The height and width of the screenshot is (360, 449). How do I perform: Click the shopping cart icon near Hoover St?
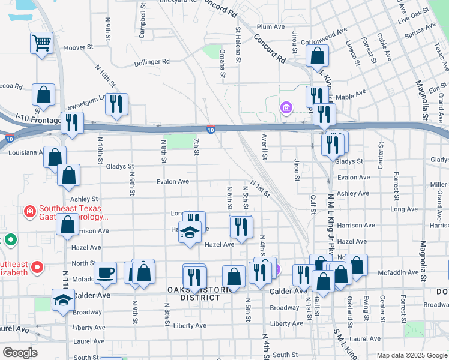pos(42,43)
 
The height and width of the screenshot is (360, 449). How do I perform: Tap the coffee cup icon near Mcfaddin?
pos(106,272)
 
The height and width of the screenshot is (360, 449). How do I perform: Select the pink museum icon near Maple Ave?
pos(286,108)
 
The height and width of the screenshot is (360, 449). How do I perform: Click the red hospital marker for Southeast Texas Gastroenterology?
pos(29,212)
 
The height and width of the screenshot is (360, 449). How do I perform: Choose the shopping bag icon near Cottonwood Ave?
pos(317,56)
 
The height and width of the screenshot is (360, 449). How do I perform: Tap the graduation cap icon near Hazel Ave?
pos(190,232)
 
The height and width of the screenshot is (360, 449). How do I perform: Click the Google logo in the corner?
pos(20,353)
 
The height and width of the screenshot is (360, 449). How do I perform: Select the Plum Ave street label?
pos(270,27)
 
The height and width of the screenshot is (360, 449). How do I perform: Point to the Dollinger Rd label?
pos(152,61)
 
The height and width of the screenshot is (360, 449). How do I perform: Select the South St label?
pos(285,355)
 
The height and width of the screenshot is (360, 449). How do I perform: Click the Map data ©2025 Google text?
pos(411,355)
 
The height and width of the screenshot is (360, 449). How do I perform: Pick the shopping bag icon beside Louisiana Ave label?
pos(55,157)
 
